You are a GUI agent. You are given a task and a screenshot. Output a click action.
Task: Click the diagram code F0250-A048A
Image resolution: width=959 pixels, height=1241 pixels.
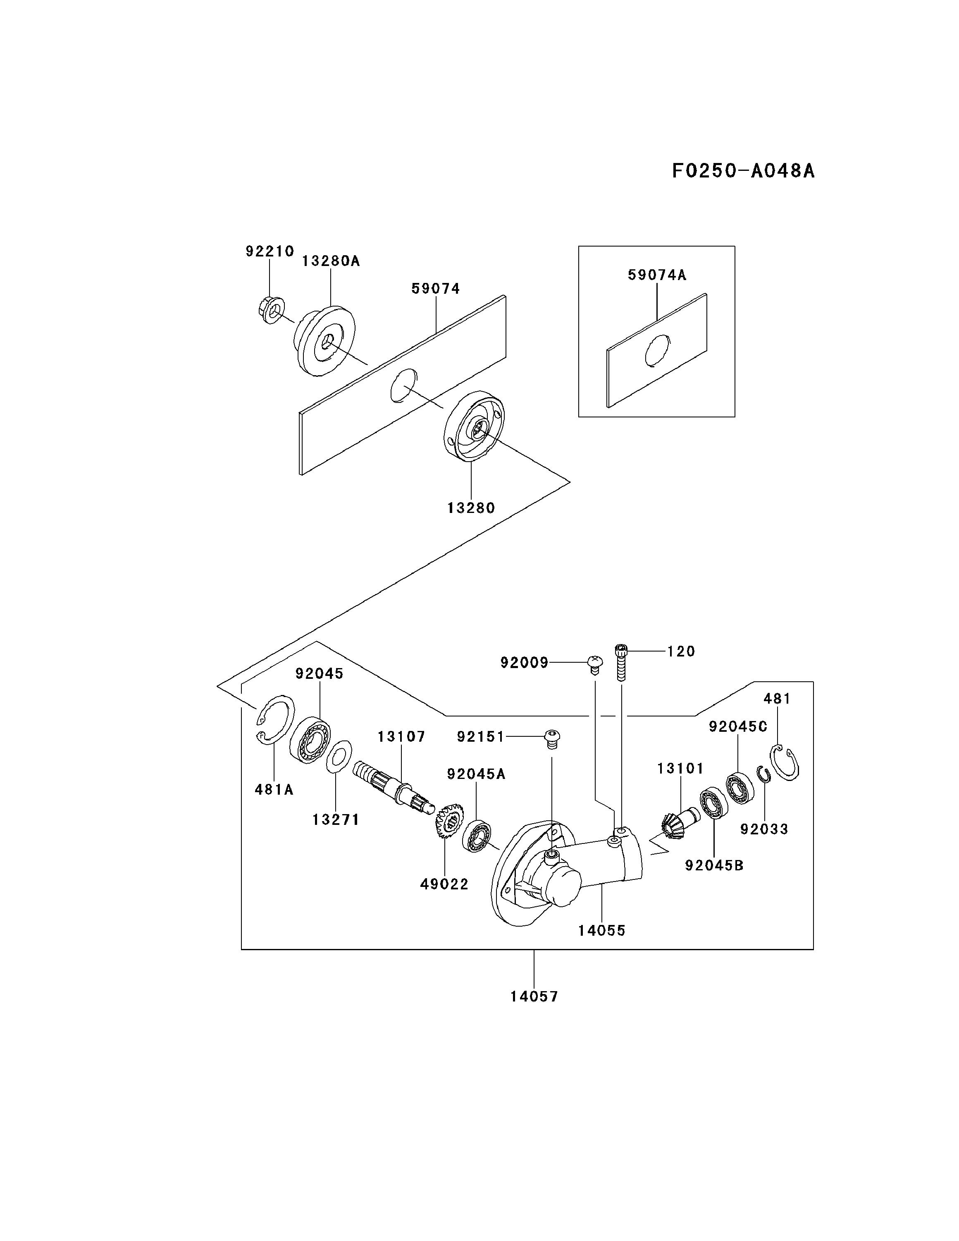click(743, 170)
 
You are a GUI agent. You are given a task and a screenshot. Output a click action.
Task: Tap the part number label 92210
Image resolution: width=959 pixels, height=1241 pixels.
click(270, 251)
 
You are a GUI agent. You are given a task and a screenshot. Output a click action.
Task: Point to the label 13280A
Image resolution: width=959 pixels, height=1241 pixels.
click(331, 261)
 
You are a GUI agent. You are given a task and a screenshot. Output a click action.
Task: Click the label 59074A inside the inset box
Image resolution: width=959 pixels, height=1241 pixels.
click(657, 276)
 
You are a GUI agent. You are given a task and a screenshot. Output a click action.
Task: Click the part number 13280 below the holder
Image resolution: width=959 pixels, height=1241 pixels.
click(471, 508)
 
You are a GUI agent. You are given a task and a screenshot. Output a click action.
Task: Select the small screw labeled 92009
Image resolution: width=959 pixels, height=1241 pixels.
click(594, 664)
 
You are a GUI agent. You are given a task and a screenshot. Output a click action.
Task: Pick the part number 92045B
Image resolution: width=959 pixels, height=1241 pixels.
click(714, 865)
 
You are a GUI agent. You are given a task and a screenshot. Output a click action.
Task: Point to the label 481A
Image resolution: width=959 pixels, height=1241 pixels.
click(274, 790)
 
